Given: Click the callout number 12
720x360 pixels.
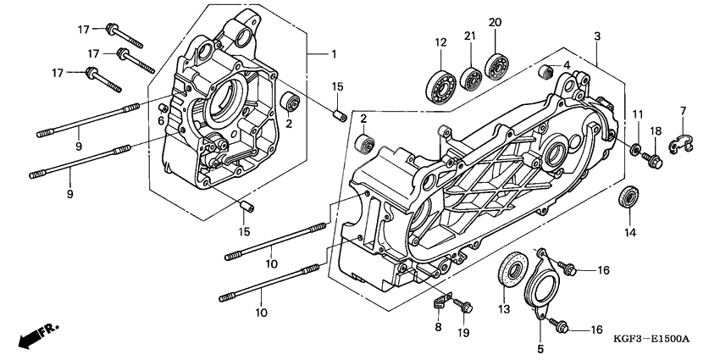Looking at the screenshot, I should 440,43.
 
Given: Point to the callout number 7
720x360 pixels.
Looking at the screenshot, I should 683,111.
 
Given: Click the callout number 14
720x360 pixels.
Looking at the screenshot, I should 629,232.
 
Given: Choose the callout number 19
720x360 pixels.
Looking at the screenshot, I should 463,333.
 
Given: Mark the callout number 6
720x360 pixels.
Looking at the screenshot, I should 159,119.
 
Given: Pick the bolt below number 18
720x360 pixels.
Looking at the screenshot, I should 655,157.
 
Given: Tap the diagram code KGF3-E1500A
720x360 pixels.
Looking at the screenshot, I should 652,339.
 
